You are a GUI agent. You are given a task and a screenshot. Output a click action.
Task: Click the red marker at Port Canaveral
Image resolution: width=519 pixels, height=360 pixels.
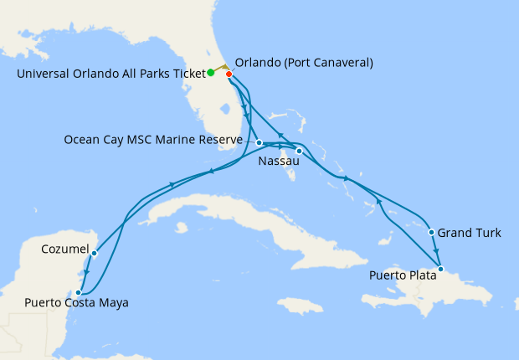pyautogui.click(x=229, y=75)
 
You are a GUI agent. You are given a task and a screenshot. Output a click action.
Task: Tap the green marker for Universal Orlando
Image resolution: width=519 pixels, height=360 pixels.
pyautogui.click(x=210, y=72)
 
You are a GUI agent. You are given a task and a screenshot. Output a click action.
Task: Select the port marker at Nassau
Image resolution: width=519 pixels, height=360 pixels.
pyautogui.click(x=299, y=152)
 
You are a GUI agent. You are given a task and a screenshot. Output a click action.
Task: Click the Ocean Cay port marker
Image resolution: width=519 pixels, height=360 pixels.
pyautogui.click(x=259, y=142)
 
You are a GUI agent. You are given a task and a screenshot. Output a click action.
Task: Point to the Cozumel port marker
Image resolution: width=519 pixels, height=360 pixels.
pyautogui.click(x=95, y=253)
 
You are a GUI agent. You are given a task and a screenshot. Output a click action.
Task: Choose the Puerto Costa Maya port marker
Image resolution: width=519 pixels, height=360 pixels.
pyautogui.click(x=78, y=293)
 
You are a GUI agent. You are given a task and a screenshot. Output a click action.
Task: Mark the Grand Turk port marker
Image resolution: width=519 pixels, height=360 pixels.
pyautogui.click(x=431, y=233)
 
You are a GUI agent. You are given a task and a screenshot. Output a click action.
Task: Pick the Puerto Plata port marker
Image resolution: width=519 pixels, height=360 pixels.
pyautogui.click(x=443, y=270)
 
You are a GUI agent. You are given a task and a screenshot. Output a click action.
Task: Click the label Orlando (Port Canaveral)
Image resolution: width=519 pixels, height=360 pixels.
pyautogui.click(x=304, y=63)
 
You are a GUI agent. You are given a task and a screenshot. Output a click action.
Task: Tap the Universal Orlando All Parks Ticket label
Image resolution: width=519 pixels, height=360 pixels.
pyautogui.click(x=110, y=73)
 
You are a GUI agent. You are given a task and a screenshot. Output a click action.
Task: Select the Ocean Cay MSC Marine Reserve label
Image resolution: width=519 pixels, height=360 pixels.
pyautogui.click(x=153, y=139)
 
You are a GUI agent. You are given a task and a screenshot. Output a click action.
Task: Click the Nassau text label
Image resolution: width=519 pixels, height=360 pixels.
pyautogui.click(x=276, y=160)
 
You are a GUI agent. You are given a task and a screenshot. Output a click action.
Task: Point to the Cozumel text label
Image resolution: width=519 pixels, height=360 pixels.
pyautogui.click(x=64, y=249)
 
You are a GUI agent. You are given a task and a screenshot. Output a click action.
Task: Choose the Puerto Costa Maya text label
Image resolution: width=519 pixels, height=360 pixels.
pyautogui.click(x=76, y=302)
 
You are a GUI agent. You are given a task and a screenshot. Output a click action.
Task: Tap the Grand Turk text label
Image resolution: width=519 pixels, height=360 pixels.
pyautogui.click(x=470, y=233)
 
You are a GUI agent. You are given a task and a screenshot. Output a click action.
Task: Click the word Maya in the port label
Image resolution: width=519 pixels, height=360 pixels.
pyautogui.click(x=113, y=302)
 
